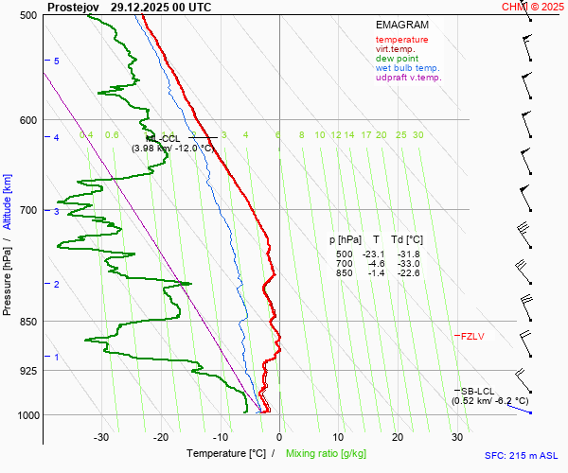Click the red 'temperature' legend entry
click(401, 40)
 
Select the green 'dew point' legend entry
click(397, 59)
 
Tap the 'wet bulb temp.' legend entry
click(407, 68)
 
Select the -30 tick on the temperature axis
click(102, 437)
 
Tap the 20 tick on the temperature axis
click(398, 437)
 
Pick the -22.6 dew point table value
click(409, 273)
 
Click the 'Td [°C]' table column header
click(408, 240)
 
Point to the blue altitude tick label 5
click(56, 61)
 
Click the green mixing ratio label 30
click(417, 135)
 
